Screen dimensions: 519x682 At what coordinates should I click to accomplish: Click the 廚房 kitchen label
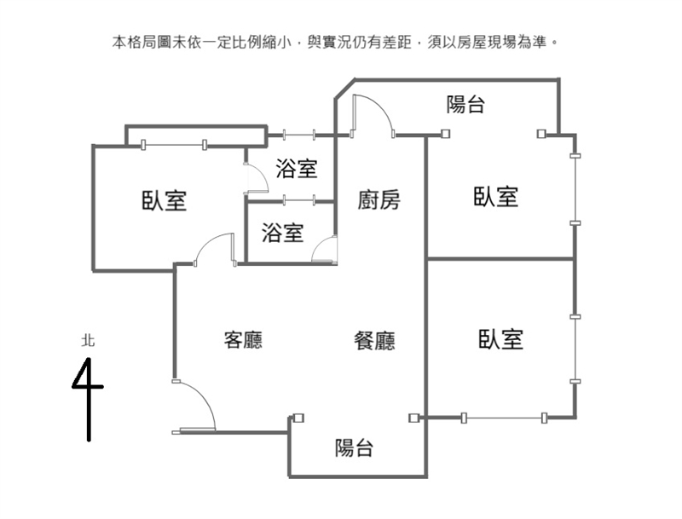[x=379, y=200]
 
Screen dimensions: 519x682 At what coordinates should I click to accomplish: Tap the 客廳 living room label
[x=243, y=340]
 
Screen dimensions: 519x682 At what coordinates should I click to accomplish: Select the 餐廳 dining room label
[x=374, y=341]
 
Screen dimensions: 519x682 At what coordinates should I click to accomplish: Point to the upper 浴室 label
[x=297, y=169]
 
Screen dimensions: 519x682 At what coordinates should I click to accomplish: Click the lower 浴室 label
[x=282, y=232]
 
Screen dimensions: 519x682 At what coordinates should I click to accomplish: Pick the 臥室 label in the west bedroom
[x=164, y=201]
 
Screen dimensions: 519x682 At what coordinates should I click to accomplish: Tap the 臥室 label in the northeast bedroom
[x=496, y=197]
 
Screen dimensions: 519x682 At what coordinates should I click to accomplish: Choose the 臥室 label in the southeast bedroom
[x=500, y=339]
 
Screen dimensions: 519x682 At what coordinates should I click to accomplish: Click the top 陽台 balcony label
[x=465, y=105]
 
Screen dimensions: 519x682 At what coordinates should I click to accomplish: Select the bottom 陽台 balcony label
[x=354, y=447]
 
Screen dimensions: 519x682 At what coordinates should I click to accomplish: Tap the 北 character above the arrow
[x=88, y=340]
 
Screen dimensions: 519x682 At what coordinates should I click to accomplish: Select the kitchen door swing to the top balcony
[x=373, y=113]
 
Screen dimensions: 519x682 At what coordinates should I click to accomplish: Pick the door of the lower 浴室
[x=326, y=251]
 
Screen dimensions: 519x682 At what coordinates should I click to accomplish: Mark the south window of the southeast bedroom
[x=504, y=418]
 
